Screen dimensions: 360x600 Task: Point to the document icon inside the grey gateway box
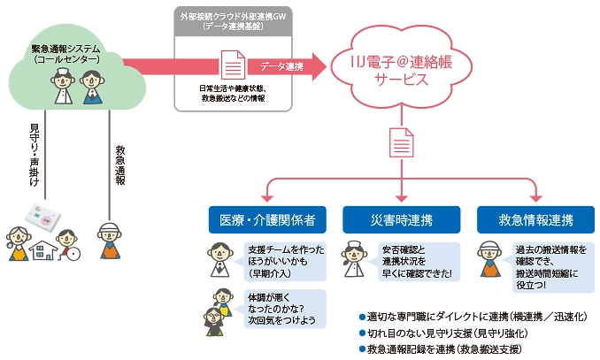coord(232,65)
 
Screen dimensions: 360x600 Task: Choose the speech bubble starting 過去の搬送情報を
coord(548,261)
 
